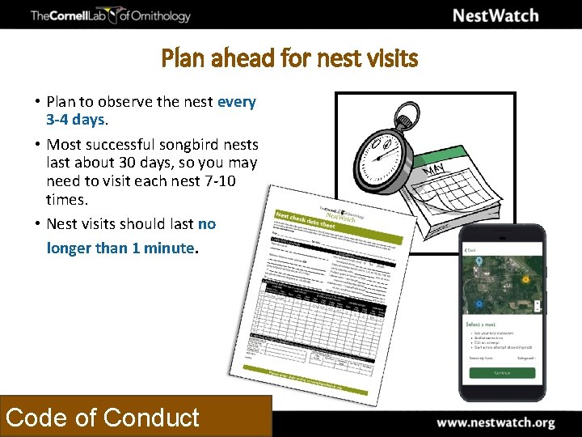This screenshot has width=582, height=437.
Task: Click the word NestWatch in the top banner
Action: [495, 15]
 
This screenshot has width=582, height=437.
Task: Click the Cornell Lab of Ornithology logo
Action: [110, 15]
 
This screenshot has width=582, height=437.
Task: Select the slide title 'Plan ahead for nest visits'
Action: [290, 58]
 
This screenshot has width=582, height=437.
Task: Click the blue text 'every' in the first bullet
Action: [236, 102]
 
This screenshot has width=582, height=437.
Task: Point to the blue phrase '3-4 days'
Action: [76, 120]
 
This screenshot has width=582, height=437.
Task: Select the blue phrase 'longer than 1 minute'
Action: [121, 248]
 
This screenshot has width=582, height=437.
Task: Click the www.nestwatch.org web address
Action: [496, 422]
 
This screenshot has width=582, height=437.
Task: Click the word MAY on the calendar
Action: [436, 168]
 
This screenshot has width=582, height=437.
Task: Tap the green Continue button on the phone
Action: [502, 374]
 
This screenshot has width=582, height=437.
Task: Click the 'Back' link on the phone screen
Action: [471, 250]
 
